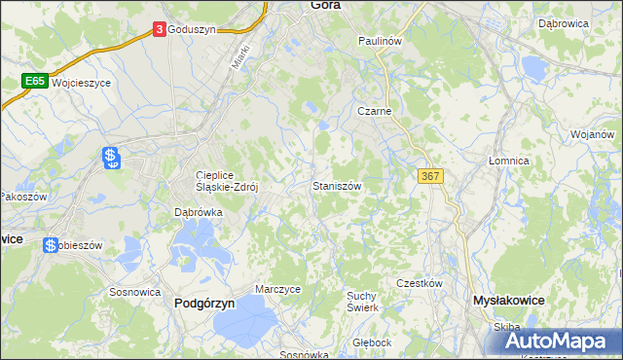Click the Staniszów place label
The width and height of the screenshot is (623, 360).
click(x=338, y=185)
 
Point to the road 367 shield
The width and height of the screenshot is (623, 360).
click(x=432, y=176)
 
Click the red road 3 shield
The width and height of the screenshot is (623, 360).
click(x=159, y=30)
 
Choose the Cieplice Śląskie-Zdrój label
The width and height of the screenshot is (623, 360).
click(x=226, y=182)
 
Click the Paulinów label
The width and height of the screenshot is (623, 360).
click(x=380, y=42)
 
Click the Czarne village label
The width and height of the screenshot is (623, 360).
click(x=374, y=111)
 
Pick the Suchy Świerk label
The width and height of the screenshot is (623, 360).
click(x=362, y=301)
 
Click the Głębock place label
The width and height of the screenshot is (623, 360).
click(x=372, y=342)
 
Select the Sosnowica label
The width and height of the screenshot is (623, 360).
click(x=134, y=291)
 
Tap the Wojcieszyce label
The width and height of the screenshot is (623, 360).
click(x=82, y=84)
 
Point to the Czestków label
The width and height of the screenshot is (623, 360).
click(x=420, y=283)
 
